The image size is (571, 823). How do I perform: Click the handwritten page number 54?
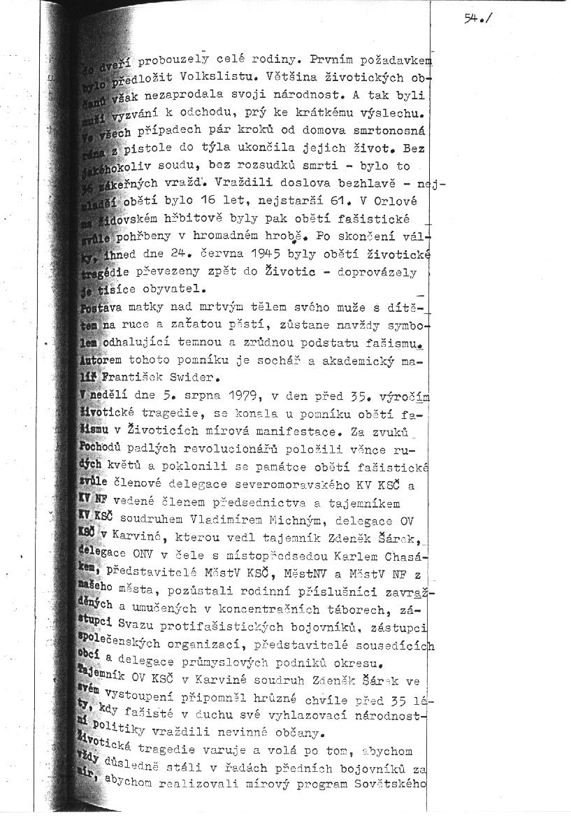click(472, 20)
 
